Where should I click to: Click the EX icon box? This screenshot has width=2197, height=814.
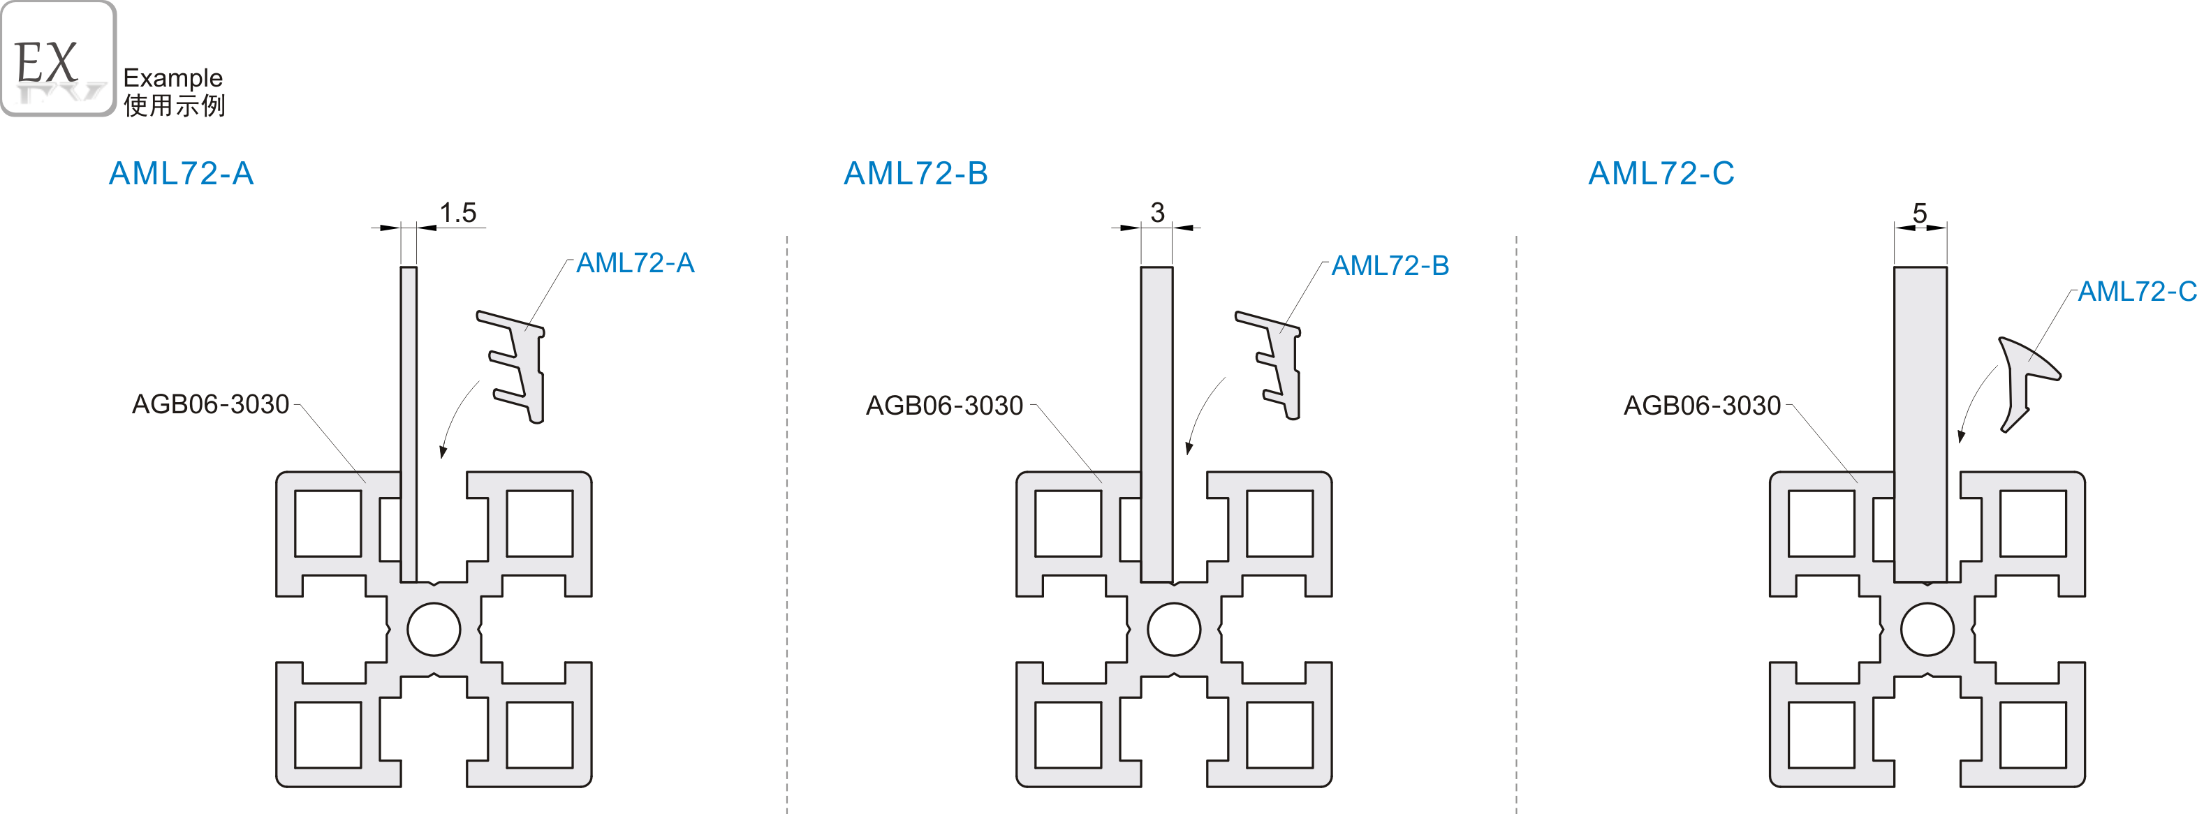58,59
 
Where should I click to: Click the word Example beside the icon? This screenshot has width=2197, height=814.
172,77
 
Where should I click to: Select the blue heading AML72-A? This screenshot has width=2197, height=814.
181,173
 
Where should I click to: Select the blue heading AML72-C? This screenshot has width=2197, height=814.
1661,173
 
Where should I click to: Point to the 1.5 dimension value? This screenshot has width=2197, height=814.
457,212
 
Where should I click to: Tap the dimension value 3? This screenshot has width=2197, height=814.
1156,212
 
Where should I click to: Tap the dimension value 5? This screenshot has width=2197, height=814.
1919,212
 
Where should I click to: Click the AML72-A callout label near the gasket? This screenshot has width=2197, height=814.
635,262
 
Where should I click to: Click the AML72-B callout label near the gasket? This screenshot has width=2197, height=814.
1390,266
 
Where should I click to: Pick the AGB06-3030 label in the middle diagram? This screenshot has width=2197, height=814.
944,406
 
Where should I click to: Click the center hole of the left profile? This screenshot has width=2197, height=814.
434,629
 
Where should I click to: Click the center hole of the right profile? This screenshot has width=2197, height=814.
1927,629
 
